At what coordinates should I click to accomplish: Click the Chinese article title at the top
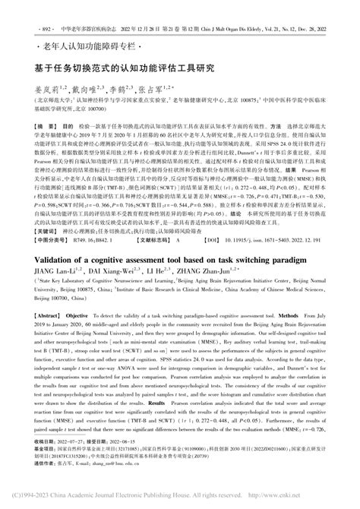125,68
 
